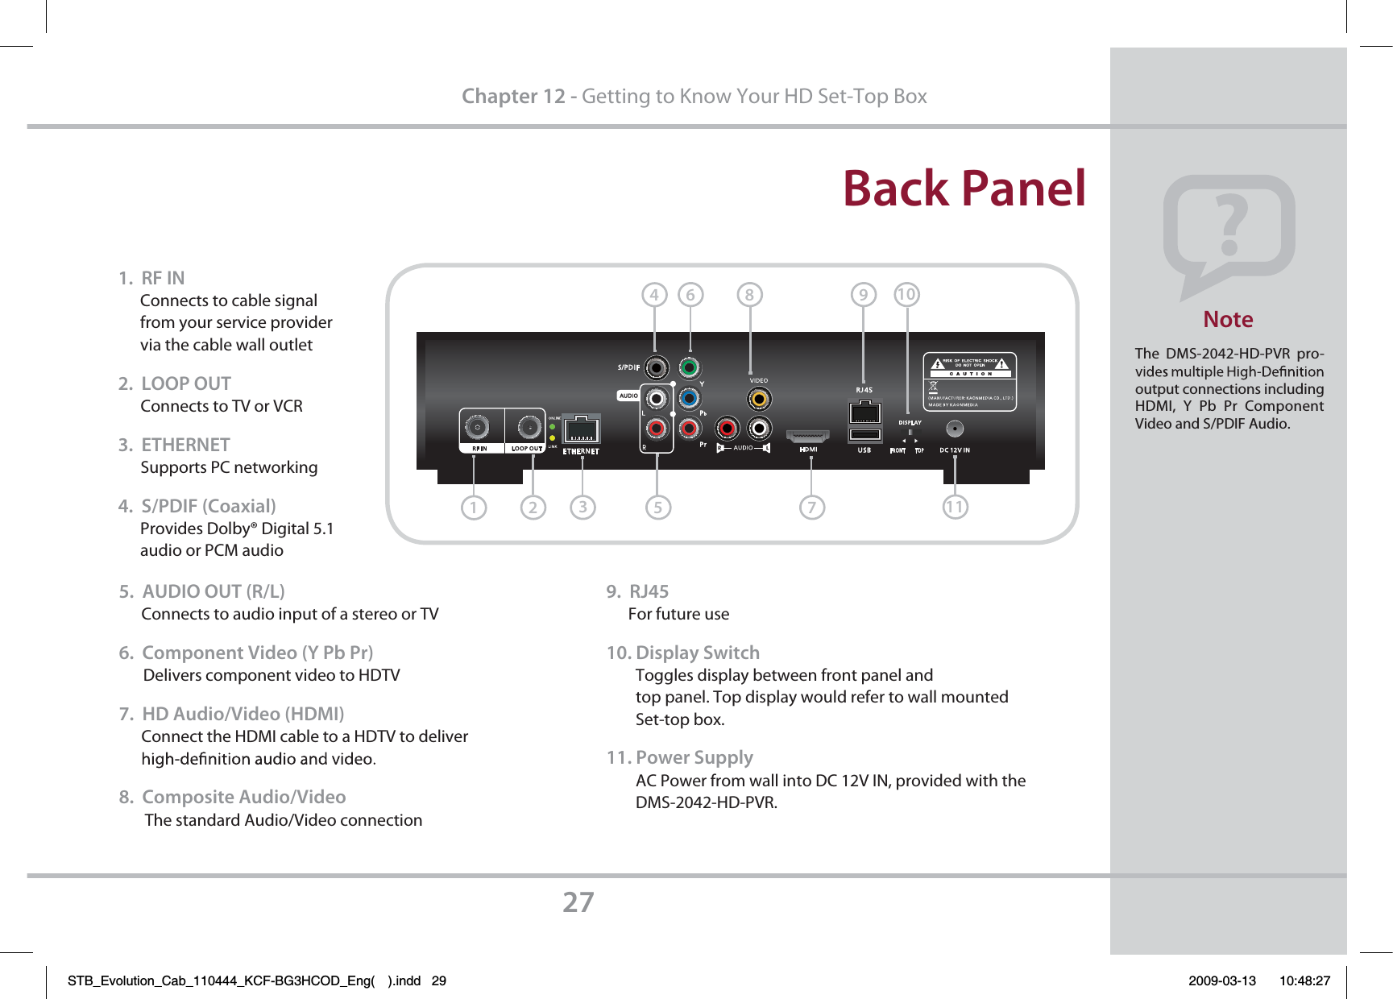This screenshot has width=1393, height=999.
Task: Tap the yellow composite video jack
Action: [758, 399]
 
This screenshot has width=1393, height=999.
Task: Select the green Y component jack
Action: [689, 368]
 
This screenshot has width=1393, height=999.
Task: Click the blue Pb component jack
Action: [689, 398]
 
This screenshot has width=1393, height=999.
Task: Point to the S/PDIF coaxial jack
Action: [657, 368]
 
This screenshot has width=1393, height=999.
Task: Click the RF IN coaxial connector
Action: [478, 427]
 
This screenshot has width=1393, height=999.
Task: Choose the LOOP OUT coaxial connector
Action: [529, 427]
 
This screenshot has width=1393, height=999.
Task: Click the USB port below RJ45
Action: [864, 436]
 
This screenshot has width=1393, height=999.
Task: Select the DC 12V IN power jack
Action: [955, 429]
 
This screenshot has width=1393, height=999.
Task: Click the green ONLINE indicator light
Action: [553, 426]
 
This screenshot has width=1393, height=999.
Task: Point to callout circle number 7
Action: [812, 508]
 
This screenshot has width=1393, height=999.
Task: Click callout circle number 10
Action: [906, 294]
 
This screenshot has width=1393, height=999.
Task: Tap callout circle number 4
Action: [654, 295]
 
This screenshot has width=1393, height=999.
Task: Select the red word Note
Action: [1228, 320]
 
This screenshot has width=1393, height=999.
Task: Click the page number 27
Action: [578, 902]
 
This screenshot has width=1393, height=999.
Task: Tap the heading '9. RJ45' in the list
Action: [637, 591]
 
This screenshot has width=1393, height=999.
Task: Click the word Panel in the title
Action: [1024, 189]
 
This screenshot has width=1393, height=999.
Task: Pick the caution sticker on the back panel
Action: [970, 382]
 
